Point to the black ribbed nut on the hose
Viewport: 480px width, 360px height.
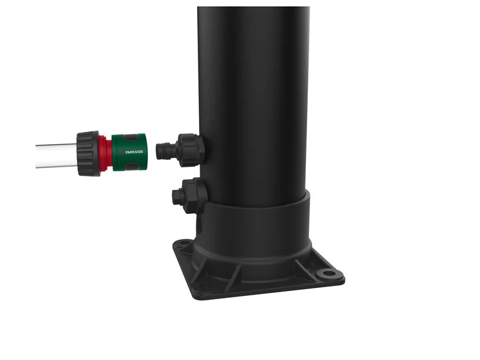pos(88,154)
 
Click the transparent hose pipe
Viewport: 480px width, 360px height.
pos(56,155)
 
